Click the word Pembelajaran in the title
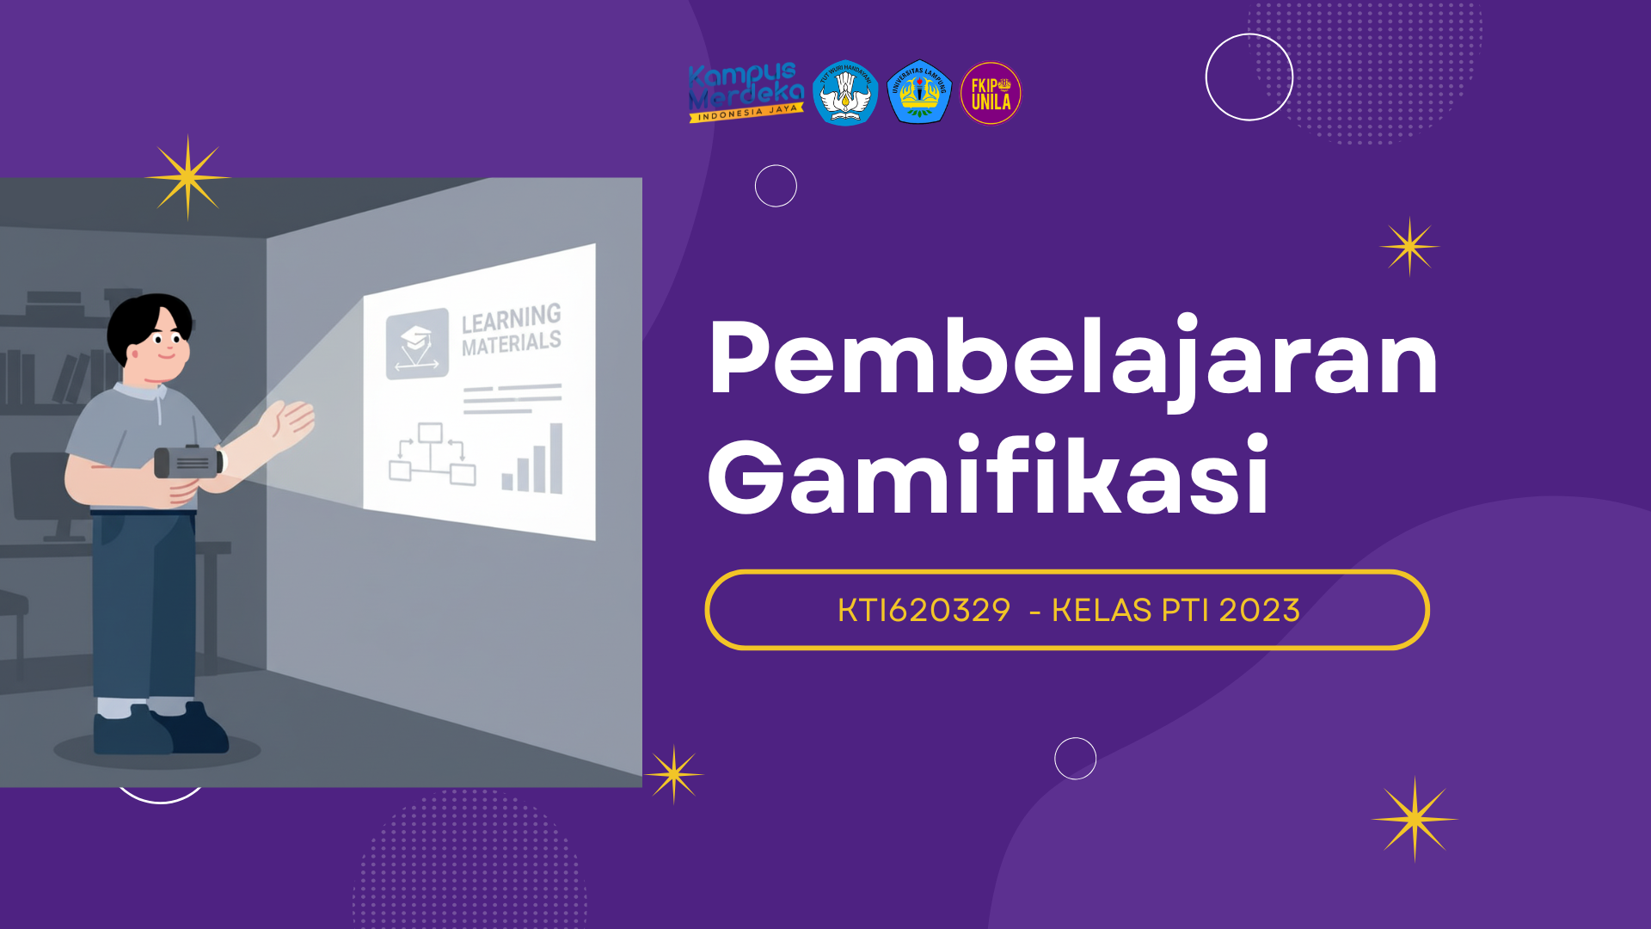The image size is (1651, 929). click(1072, 359)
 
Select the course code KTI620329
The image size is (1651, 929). click(924, 611)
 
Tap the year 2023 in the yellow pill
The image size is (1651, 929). click(1259, 611)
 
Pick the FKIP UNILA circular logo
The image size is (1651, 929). click(991, 93)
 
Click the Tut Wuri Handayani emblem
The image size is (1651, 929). click(845, 93)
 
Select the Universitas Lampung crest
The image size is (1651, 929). click(918, 92)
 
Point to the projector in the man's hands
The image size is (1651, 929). click(189, 462)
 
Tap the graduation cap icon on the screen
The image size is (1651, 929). click(417, 343)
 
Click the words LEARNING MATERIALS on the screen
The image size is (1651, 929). click(511, 330)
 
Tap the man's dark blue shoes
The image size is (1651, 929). click(159, 731)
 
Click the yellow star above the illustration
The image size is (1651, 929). click(187, 177)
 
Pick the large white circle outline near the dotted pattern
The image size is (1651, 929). click(1249, 77)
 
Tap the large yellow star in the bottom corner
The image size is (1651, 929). click(1415, 819)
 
